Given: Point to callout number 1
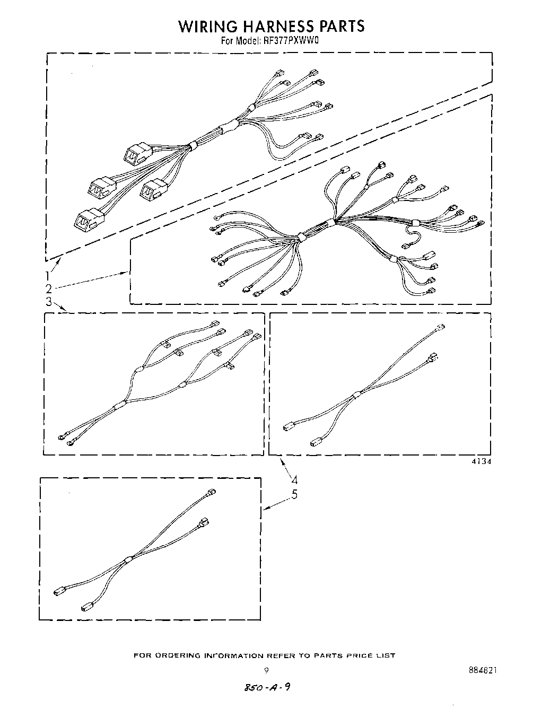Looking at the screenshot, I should pos(48,276).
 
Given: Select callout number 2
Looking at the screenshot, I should pos(49,289).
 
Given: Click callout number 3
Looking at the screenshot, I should pos(48,302).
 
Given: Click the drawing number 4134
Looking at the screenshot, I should pos(481,461).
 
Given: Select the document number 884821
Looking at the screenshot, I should pos(483,670).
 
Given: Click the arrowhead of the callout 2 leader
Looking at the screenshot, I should pos(128,273).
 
